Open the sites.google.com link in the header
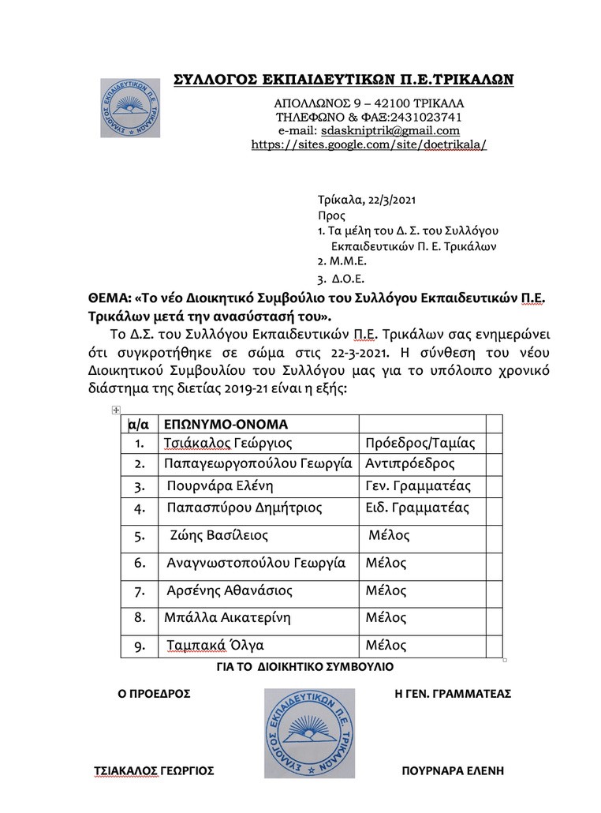point(368,144)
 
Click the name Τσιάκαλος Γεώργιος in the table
point(228,443)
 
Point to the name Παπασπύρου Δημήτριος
point(245,508)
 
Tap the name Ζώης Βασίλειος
point(219,536)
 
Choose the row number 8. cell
point(140,617)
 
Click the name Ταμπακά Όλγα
point(215,646)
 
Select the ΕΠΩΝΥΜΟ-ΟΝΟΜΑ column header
point(226,423)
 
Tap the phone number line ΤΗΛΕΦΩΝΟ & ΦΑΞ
point(368,117)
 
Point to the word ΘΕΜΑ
point(108,301)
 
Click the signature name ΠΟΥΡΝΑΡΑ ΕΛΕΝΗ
point(452,771)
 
